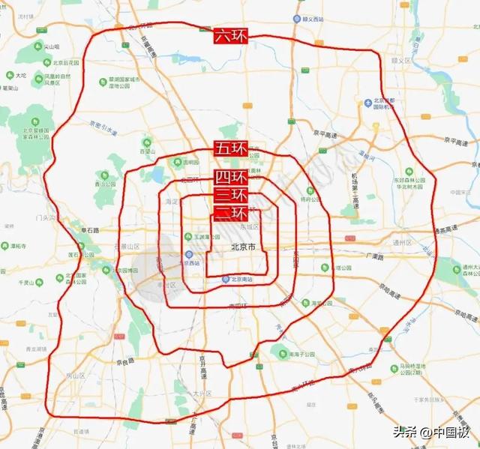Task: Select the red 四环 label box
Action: pos(230,178)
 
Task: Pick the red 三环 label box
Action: pos(230,195)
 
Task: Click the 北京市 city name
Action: pos(241,247)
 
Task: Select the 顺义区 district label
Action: pos(405,58)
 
